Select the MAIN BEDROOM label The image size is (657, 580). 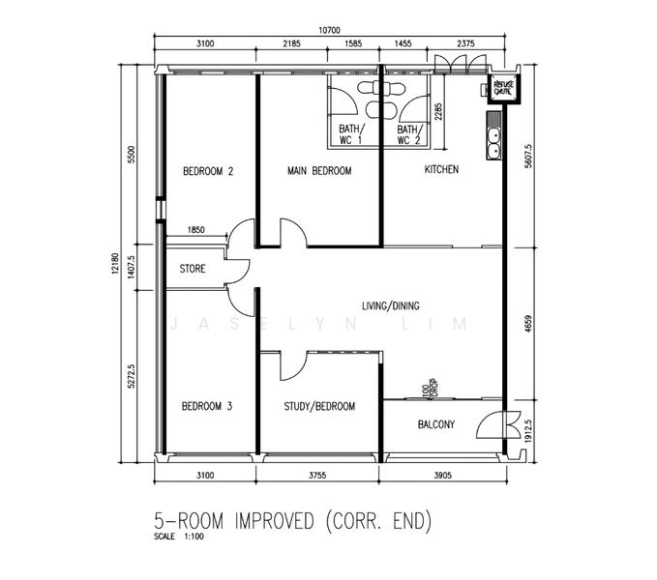tap(318, 171)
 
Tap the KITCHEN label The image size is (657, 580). tap(441, 170)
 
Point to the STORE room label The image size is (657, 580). tap(193, 270)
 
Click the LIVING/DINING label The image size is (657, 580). tap(390, 306)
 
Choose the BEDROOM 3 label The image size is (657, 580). tap(207, 407)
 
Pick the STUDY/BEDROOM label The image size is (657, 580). tap(318, 407)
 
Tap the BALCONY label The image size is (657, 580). tap(436, 425)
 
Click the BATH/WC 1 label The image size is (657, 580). tap(350, 134)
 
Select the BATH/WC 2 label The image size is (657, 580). tap(409, 134)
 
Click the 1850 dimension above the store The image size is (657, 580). tap(195, 230)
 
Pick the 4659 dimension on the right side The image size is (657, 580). tap(527, 321)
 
